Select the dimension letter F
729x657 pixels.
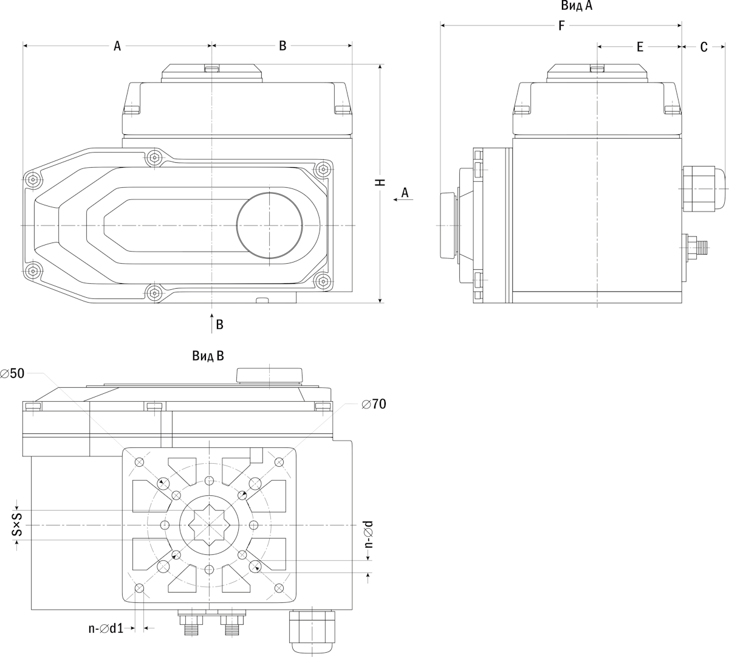(561, 26)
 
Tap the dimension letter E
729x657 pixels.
(640, 47)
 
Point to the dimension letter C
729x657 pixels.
(703, 47)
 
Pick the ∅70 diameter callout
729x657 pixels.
(374, 404)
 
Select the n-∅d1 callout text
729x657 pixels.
(106, 628)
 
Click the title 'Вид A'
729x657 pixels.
(577, 6)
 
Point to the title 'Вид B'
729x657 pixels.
(208, 356)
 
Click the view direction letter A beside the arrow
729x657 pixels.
(405, 193)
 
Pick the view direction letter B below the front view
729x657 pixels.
(219, 325)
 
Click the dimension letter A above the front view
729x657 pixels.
(117, 46)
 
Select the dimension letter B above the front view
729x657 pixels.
(282, 46)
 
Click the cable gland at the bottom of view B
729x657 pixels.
(312, 632)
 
